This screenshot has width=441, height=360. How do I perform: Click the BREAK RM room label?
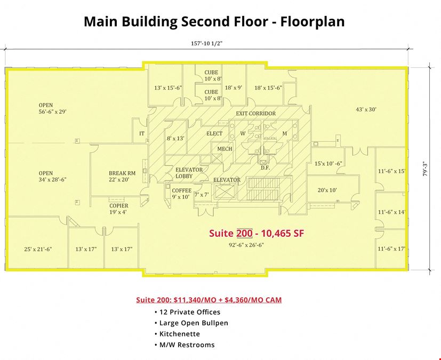point(122,173)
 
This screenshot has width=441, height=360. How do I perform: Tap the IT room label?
point(142,133)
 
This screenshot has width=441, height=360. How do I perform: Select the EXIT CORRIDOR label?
point(255,114)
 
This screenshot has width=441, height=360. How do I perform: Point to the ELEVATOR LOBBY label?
point(189,173)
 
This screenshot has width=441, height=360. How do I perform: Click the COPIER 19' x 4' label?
point(119,209)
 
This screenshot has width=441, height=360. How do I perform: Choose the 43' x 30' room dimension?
point(366,109)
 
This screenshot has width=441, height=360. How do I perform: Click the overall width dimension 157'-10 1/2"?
point(207,43)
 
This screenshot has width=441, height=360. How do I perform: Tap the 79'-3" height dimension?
point(425,170)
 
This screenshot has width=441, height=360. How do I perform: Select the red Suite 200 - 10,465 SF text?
point(256,233)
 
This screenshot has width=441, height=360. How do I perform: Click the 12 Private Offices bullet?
point(187,312)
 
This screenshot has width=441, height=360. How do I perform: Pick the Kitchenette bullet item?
point(177,334)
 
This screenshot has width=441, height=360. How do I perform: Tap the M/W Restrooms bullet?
point(185,345)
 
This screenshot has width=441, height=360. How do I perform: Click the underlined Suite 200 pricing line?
point(209,300)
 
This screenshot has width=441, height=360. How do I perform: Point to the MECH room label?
point(224,149)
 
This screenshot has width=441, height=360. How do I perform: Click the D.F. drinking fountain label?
point(265,167)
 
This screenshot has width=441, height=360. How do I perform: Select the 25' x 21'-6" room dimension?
point(38,249)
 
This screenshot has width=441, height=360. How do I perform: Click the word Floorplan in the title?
point(312,22)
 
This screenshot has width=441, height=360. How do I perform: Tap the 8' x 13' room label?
point(175,138)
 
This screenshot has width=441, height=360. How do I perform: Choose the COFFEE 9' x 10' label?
point(181,194)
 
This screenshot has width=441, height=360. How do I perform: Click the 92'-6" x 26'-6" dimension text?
point(246,245)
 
